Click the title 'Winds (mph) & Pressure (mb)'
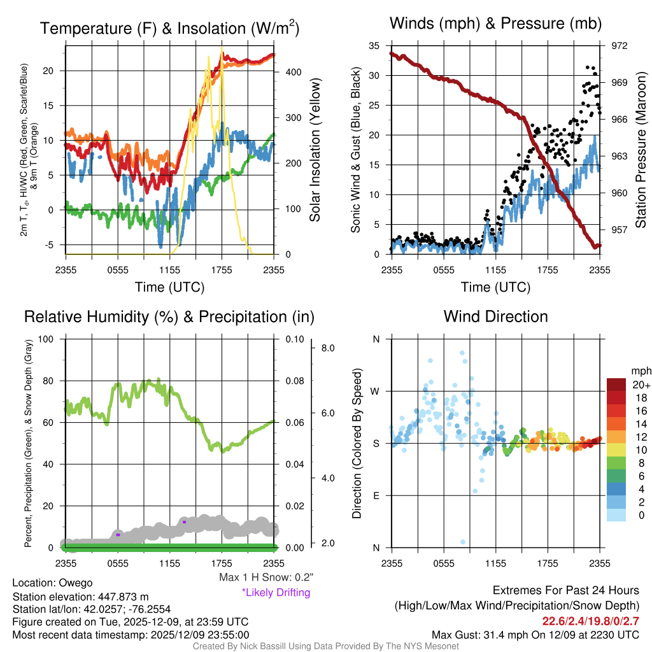pos(496,24)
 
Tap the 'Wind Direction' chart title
pos(496,316)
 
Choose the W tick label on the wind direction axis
pos(376,391)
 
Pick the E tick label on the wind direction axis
pos(376,495)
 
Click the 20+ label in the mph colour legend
pos(641,385)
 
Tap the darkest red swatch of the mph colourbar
pos(618,385)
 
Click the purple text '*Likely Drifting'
pos(276,593)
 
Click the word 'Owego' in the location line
pos(76,583)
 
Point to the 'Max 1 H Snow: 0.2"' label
pos(266,578)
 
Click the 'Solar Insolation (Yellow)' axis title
pos(314,150)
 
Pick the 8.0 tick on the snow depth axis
pos(329,348)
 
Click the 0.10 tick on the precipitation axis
pos(295,339)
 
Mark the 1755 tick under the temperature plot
pos(222,271)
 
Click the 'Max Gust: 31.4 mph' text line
pos(535,635)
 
